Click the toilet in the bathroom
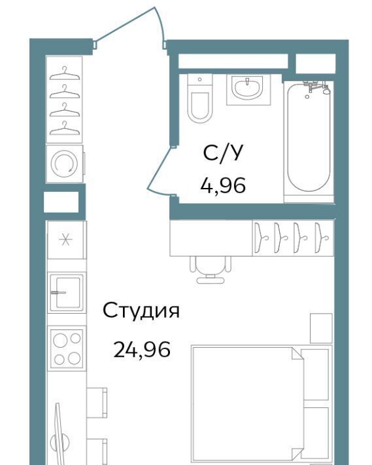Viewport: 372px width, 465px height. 200,98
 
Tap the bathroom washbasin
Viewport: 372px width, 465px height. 248,89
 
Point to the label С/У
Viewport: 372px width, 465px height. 223,153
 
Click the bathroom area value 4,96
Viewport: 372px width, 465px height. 223,185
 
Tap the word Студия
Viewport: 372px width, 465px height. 141,311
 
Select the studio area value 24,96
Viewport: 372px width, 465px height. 142,349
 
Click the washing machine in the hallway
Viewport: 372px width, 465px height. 65,163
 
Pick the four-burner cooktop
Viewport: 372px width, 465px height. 67,348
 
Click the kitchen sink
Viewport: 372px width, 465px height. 67,292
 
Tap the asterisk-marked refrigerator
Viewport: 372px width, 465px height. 67,240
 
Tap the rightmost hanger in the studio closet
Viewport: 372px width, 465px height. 321,238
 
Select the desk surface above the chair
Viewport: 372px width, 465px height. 211,238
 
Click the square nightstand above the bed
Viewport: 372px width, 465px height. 321,328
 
